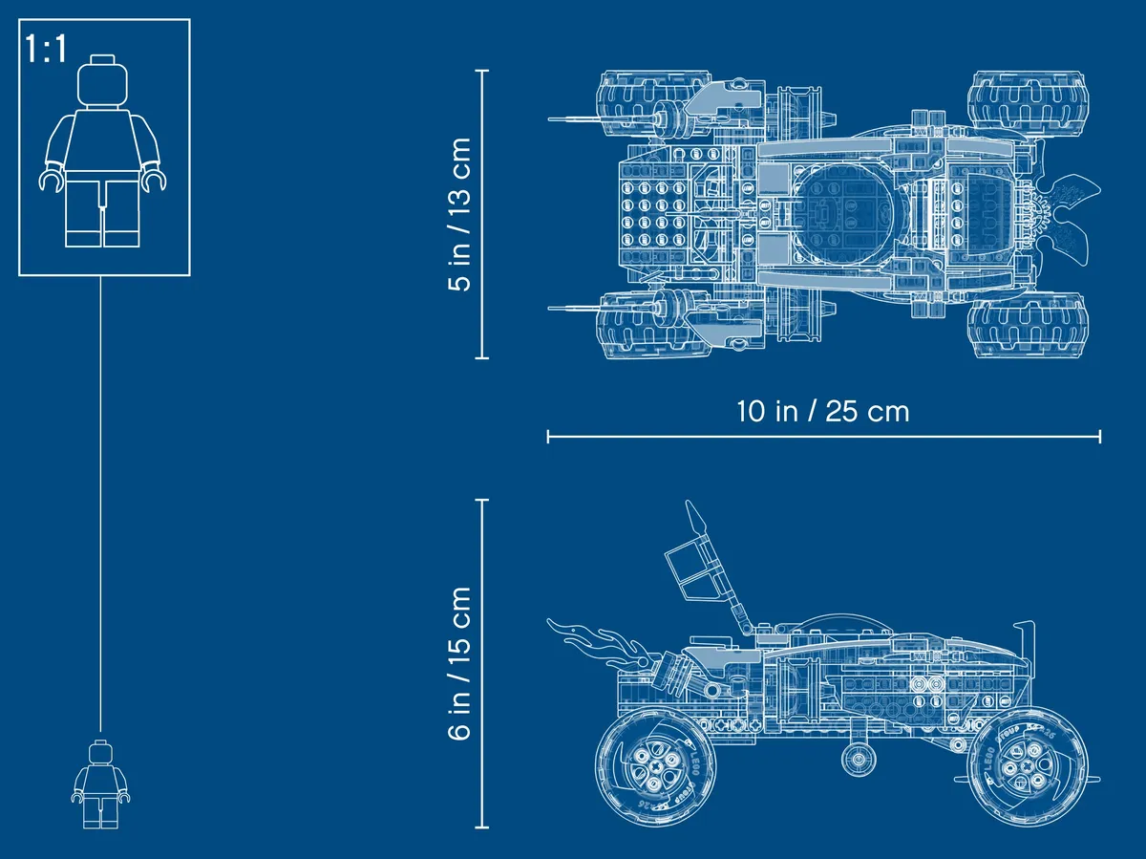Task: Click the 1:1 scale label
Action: [x=46, y=50]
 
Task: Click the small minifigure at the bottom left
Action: [x=101, y=784]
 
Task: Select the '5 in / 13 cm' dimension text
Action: [x=459, y=214]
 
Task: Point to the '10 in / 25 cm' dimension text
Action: [x=823, y=411]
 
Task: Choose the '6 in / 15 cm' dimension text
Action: [x=459, y=663]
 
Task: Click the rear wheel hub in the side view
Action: [x=654, y=767]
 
